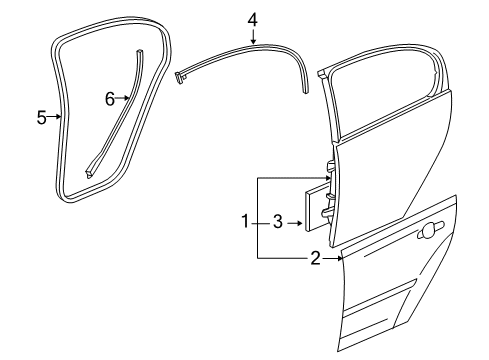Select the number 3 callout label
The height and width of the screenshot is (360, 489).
coord(279,221)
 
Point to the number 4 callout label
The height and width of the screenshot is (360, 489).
coord(252,18)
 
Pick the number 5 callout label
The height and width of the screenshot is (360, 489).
coord(42,118)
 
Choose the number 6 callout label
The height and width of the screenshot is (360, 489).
coord(110,98)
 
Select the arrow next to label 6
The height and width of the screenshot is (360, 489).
coord(124,98)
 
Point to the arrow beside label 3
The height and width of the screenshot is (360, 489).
coord(296,221)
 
